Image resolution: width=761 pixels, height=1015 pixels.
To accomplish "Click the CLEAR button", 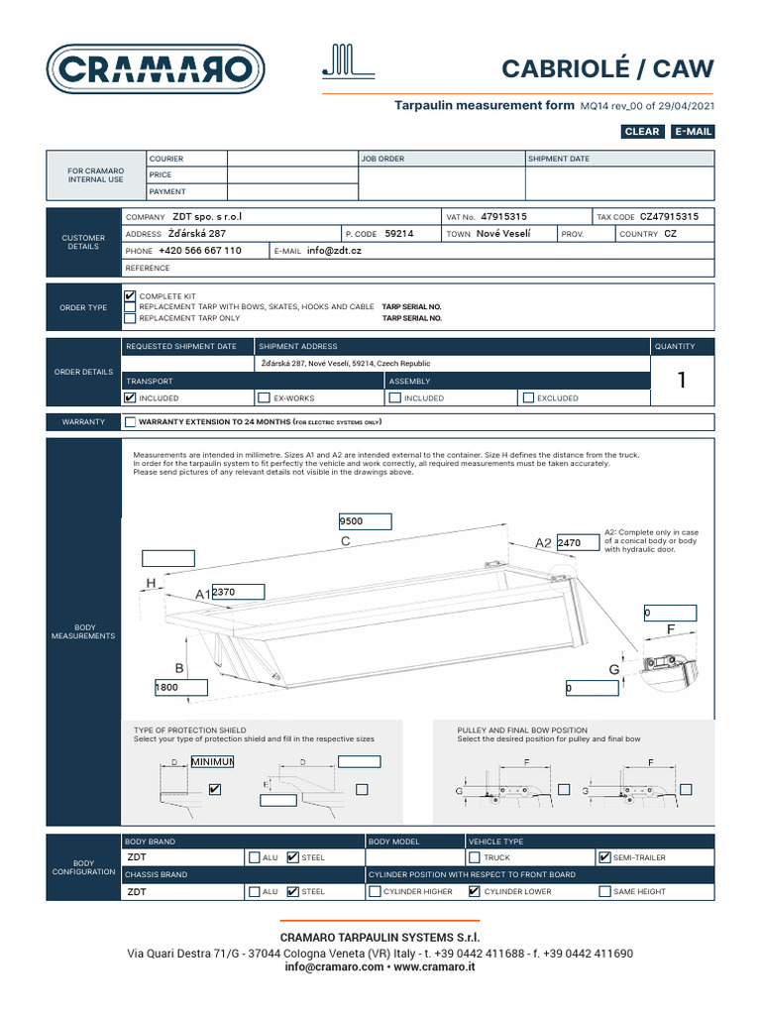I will point(642,132).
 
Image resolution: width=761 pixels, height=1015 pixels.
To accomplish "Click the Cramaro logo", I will point(156,68).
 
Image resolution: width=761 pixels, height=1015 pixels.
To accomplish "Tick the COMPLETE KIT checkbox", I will point(130,296).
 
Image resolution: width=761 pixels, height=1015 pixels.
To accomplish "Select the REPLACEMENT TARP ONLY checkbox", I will point(130,318).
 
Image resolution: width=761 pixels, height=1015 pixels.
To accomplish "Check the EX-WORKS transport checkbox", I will point(264,397).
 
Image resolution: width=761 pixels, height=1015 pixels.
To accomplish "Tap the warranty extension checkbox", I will point(131,422).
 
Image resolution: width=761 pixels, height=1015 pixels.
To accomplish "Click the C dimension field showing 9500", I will point(366,521).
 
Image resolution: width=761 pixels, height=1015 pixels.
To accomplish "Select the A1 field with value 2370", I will point(238,592).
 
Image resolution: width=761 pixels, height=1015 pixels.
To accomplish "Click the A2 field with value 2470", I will point(582,543).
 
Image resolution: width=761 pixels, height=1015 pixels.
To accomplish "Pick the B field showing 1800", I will point(180,687).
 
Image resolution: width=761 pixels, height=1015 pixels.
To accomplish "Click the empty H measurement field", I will point(168,557).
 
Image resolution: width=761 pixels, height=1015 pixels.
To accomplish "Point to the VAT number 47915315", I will point(503,216).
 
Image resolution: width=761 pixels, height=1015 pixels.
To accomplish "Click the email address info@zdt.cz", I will point(334,251).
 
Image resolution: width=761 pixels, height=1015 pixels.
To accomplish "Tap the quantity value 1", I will point(681,381).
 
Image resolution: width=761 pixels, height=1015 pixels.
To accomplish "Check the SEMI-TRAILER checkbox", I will point(605,857).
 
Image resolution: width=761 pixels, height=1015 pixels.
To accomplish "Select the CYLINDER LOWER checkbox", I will point(474,891).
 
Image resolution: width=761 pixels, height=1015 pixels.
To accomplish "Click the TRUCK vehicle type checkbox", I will point(474,857).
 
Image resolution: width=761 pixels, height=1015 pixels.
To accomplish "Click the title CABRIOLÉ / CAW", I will point(607,68).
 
